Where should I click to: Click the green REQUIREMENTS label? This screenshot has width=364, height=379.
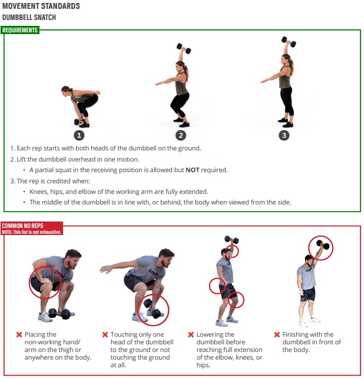[20, 30]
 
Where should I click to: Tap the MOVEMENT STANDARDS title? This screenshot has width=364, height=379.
[41, 6]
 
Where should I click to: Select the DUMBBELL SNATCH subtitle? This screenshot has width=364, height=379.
[29, 18]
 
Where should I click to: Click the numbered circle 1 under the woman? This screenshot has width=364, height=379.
[79, 135]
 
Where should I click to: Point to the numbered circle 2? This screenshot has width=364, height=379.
[181, 135]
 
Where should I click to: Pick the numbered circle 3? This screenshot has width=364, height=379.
[284, 135]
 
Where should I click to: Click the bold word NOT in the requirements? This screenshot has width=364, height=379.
[193, 170]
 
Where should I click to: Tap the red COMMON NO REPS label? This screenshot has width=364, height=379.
[22, 226]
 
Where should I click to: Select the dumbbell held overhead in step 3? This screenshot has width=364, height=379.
[289, 42]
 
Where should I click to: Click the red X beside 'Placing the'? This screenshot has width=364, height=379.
[19, 335]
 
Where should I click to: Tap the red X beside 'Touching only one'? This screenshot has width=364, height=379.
[105, 335]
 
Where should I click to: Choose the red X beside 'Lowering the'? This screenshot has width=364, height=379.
[191, 335]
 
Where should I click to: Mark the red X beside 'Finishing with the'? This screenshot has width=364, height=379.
[277, 335]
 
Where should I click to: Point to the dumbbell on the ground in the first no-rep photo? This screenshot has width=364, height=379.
[59, 314]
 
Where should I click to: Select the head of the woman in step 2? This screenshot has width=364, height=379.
[180, 65]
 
